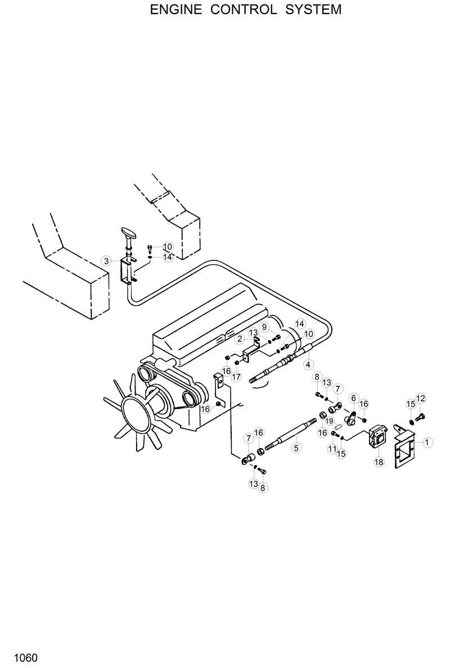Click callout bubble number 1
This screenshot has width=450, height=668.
click(427, 443)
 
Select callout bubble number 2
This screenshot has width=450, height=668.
click(240, 338)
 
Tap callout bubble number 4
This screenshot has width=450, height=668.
click(308, 364)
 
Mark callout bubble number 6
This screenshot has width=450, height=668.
click(354, 398)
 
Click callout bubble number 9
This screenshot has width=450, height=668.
click(264, 328)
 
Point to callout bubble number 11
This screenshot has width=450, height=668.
click(332, 448)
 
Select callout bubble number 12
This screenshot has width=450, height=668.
click(421, 399)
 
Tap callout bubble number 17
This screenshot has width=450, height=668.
click(237, 376)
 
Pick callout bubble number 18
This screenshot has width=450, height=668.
click(379, 461)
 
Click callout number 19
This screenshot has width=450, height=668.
click(330, 421)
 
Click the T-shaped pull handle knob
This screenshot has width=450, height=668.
click(129, 233)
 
